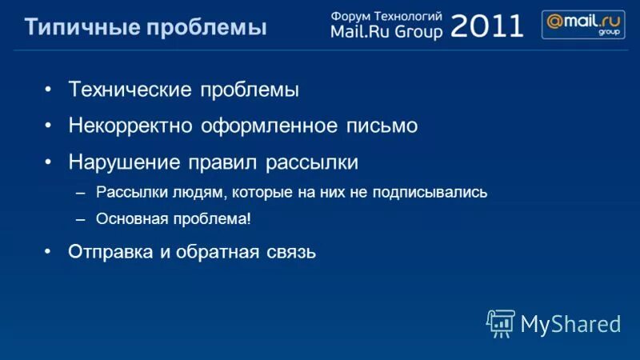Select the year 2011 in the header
(x=487, y=25)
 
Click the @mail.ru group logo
(x=583, y=25)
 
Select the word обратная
(x=213, y=253)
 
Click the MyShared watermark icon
(x=499, y=322)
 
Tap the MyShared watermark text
(x=570, y=323)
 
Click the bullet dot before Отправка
(x=49, y=251)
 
